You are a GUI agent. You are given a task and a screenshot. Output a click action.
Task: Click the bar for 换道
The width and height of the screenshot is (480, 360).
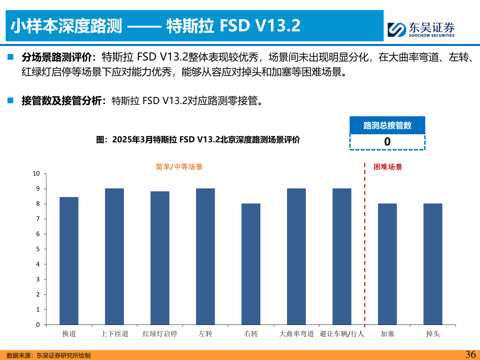point(69,261)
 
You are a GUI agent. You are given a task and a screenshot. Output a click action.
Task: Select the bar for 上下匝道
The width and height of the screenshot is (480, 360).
point(114,256)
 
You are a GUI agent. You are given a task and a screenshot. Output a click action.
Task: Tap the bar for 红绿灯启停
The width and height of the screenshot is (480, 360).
point(160,258)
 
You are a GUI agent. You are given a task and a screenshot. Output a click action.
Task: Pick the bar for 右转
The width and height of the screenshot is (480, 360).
point(251,264)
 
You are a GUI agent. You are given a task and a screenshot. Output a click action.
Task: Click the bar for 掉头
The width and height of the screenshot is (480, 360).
point(433,264)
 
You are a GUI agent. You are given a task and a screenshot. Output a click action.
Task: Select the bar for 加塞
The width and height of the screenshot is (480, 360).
point(387,264)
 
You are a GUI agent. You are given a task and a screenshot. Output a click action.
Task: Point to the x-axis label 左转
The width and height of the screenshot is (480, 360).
point(205,334)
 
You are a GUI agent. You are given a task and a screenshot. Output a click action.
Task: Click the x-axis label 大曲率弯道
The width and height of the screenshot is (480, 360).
point(296,334)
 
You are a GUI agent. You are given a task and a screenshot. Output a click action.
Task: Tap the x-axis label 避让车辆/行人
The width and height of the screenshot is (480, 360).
point(342,334)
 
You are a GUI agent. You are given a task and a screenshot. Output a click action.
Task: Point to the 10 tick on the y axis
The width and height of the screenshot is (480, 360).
point(36,173)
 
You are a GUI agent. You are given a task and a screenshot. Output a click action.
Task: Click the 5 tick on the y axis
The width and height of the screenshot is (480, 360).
point(38,249)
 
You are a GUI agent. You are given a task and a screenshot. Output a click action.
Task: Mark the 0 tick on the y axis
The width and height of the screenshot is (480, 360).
point(38,325)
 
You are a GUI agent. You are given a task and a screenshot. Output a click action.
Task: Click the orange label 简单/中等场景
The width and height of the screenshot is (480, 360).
point(179,167)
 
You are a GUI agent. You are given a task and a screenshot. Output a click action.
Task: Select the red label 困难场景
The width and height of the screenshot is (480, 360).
point(388,167)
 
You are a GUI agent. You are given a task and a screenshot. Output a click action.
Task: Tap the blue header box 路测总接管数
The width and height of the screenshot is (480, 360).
point(387,125)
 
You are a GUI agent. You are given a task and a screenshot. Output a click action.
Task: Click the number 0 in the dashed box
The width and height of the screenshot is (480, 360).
point(387,142)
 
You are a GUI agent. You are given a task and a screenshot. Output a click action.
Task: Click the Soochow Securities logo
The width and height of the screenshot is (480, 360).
point(421,29)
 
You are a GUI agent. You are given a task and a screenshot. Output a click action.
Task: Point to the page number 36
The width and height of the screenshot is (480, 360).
point(470,354)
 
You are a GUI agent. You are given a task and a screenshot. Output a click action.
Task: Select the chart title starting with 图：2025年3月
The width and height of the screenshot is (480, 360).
point(198,140)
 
